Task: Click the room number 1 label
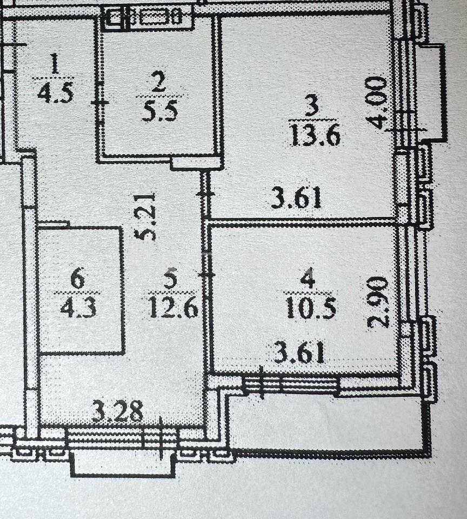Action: [55, 64]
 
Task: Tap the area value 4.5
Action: [55, 92]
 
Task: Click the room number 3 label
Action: [312, 105]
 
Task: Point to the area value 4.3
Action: [78, 307]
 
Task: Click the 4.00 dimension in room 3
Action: [378, 103]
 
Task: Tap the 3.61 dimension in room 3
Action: [296, 198]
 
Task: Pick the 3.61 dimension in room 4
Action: [299, 353]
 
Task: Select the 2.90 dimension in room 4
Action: [378, 302]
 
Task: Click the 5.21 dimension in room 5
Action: [145, 216]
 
